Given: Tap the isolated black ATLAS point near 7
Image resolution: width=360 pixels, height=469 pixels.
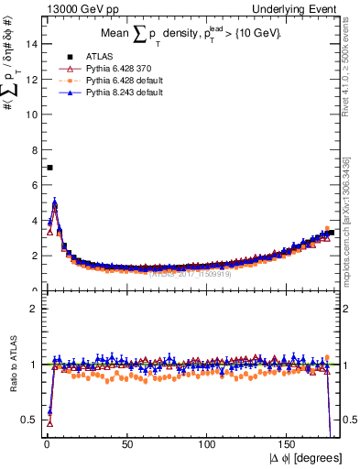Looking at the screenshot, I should coord(49,168).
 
